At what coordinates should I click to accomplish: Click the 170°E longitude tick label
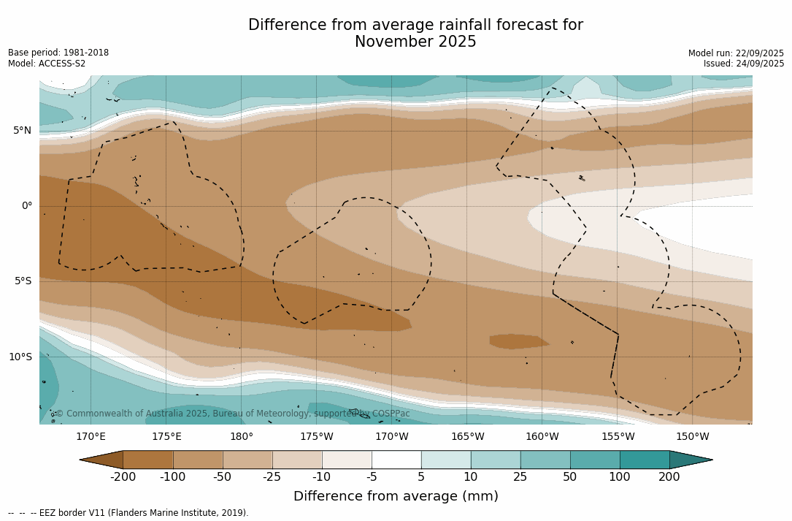[91, 437]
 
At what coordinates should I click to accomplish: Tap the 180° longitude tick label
[241, 437]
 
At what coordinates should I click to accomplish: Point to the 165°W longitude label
[467, 437]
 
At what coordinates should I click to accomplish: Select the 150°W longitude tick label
[692, 437]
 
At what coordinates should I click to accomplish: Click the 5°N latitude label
[22, 131]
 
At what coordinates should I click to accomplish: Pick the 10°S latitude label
[20, 357]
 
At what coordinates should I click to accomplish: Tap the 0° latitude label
[27, 206]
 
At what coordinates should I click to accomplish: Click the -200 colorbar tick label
[123, 477]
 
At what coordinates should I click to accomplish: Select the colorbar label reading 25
[520, 477]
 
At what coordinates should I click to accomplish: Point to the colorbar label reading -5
[372, 477]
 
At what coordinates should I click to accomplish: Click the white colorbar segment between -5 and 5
[396, 460]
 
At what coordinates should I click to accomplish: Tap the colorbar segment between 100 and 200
[645, 460]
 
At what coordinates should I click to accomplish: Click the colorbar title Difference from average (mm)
[396, 497]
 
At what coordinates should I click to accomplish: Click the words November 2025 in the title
[415, 42]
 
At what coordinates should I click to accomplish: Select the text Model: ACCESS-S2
[47, 64]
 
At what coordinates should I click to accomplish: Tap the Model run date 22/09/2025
[756, 53]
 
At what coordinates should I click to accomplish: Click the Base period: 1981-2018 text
[58, 53]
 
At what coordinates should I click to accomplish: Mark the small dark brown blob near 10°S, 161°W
[518, 341]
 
